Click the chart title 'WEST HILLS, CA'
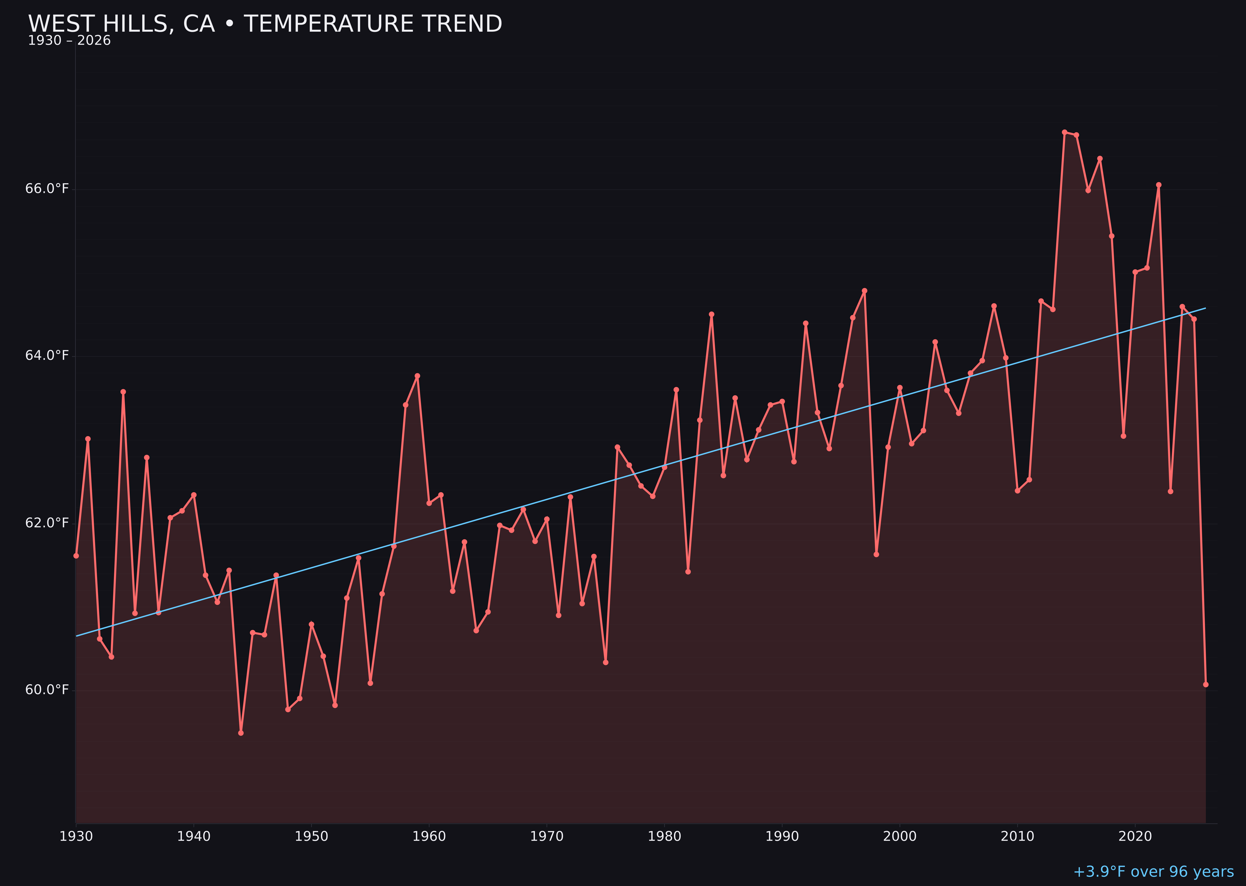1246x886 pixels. point(264,24)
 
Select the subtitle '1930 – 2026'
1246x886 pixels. point(69,41)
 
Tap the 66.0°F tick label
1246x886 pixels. point(47,189)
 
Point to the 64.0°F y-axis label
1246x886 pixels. point(47,356)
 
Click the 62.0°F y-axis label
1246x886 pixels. point(47,523)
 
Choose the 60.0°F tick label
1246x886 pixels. point(47,690)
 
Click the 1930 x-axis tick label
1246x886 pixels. point(76,837)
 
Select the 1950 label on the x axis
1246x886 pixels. point(311,837)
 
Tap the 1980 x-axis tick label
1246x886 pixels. point(664,837)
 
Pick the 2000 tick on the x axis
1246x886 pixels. point(900,837)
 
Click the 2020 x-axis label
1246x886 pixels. point(1135,837)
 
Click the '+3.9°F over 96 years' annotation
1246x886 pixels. point(1153,872)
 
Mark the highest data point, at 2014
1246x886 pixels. point(1064,132)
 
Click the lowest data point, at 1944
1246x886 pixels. point(240,733)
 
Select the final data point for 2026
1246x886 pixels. point(1206,684)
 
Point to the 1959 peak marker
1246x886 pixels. point(417,376)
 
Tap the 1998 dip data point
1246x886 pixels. point(876,554)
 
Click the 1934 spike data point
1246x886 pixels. point(123,392)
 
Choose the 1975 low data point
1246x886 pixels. point(606,662)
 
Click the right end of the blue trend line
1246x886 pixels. point(1205,308)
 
